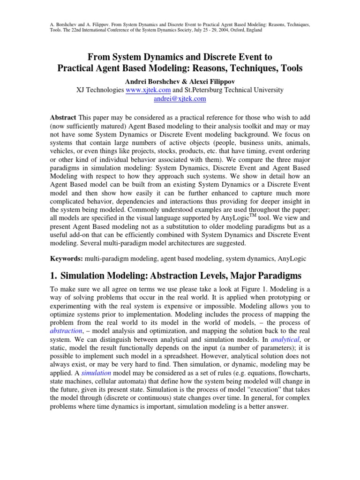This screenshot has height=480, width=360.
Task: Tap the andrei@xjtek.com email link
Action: (180, 99)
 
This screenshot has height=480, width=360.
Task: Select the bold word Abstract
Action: (63, 117)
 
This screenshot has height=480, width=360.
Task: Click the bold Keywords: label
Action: (67, 258)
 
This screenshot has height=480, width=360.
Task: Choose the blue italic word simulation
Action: (96, 374)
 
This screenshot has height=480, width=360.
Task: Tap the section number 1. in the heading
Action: (53, 275)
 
